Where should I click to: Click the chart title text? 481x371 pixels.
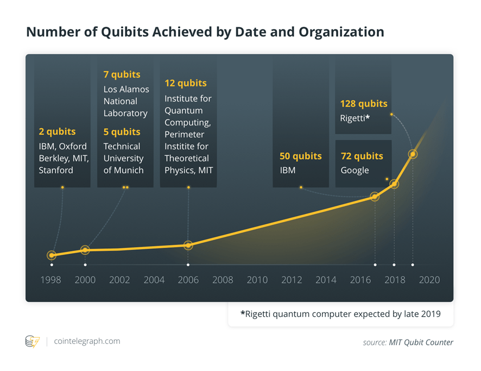point(205,32)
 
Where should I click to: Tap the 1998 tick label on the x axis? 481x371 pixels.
point(51,280)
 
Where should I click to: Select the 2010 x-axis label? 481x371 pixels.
point(257,280)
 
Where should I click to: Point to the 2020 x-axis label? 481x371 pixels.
point(429,280)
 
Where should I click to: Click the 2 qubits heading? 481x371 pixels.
point(57,131)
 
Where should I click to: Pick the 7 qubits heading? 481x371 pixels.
point(122,74)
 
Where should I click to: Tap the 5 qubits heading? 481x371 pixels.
point(122,132)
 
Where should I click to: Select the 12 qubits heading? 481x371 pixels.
point(186,83)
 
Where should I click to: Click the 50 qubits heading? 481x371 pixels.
point(300,156)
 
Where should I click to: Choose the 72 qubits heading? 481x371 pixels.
point(362,156)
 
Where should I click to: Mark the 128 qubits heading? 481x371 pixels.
point(363,103)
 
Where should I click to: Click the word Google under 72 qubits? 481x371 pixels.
point(355,170)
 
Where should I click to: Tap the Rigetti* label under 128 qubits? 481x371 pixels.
point(355,117)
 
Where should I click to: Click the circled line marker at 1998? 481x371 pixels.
point(52,255)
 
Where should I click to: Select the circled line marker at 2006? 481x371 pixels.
point(188,245)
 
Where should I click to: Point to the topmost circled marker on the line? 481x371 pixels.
point(413,154)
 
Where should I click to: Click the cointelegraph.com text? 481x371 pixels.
point(87,341)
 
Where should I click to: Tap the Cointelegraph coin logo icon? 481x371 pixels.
point(32,341)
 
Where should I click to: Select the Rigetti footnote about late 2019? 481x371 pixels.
point(340,313)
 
